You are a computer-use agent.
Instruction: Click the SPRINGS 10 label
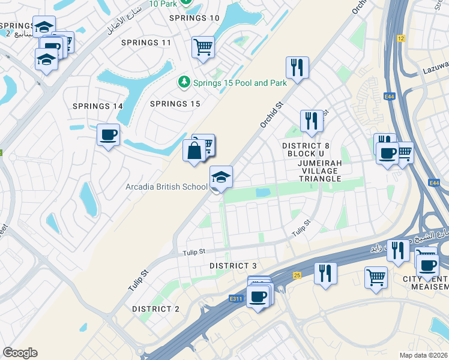[194, 18]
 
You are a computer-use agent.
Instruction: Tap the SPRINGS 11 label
[146, 43]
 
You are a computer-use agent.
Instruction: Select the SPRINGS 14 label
[98, 106]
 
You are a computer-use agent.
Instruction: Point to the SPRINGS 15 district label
[175, 104]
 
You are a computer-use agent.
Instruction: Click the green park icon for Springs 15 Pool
[184, 82]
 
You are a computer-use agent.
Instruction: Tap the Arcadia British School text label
[166, 187]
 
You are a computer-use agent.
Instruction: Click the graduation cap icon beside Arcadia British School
[221, 177]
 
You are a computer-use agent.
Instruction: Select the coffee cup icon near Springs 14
[108, 135]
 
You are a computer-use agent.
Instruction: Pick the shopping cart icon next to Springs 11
[203, 47]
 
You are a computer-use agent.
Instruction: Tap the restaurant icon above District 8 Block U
[312, 121]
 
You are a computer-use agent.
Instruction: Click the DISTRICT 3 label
[233, 266]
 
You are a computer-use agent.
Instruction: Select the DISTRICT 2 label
[155, 308]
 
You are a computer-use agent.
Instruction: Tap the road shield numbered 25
[297, 275]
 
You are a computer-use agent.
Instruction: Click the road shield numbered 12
[401, 38]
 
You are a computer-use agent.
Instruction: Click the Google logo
[20, 353]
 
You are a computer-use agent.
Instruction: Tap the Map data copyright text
[423, 355]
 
